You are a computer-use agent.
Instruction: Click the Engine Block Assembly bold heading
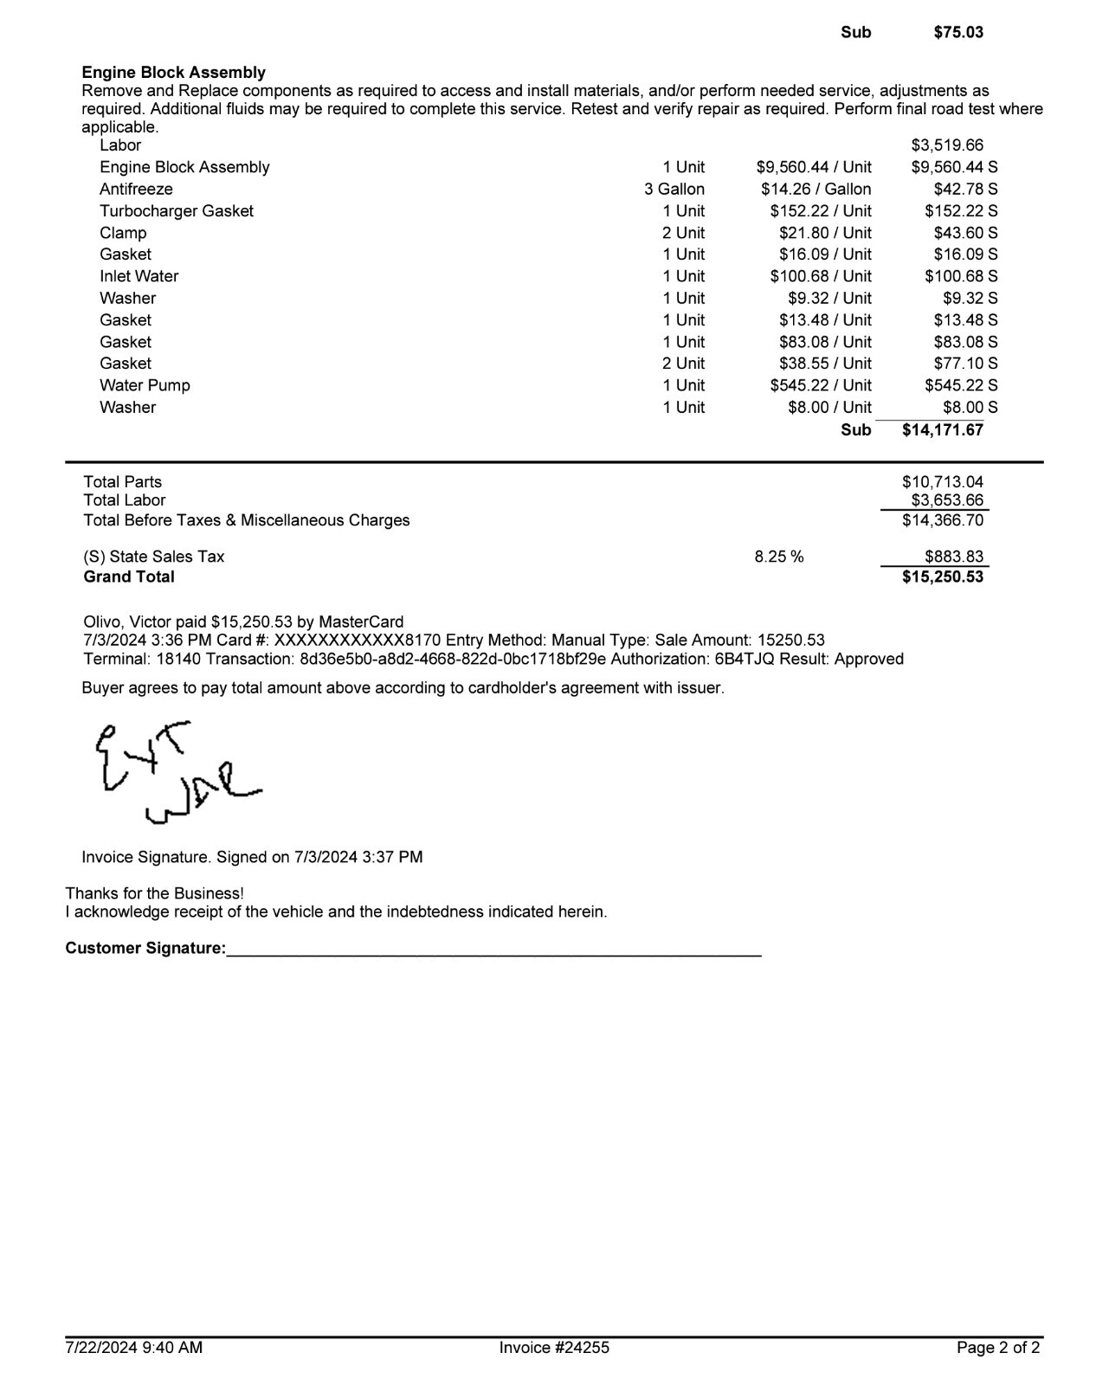click(x=173, y=73)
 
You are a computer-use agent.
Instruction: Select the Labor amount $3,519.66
click(x=947, y=145)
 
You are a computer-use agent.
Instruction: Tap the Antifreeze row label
click(x=136, y=189)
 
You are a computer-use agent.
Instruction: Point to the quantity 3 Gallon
click(x=674, y=189)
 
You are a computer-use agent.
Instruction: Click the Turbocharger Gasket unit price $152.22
click(x=820, y=211)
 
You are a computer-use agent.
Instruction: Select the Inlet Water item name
click(x=139, y=276)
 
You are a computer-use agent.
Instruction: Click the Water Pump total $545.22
click(x=960, y=385)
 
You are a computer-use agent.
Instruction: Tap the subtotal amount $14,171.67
click(x=942, y=430)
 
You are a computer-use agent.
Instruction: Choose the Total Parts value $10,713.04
click(x=942, y=482)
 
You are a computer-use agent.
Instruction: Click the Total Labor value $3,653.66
click(x=947, y=500)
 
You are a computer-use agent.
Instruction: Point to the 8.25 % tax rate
click(x=778, y=557)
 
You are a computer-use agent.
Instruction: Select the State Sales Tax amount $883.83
click(x=953, y=557)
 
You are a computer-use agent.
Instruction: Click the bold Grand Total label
click(x=129, y=577)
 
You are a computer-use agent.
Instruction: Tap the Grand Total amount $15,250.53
click(x=942, y=577)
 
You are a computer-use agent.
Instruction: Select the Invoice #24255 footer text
click(x=554, y=1348)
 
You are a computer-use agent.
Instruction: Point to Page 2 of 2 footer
click(x=997, y=1348)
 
